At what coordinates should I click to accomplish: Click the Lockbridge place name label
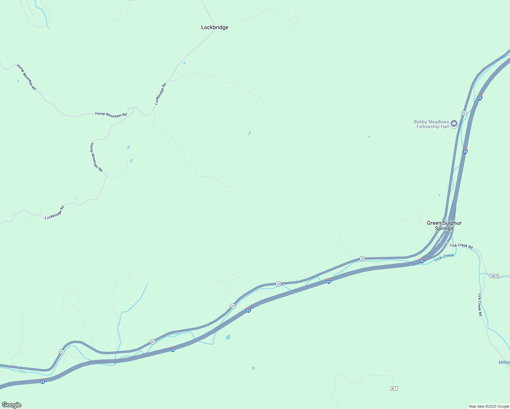tap(214, 27)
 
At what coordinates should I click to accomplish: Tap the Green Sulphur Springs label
tap(444, 226)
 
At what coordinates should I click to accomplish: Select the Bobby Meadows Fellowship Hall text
tap(431, 124)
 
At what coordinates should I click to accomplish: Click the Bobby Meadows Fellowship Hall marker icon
tap(454, 124)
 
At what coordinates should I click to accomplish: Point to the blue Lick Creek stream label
tap(444, 257)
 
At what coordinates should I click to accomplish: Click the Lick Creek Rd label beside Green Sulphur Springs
tap(461, 246)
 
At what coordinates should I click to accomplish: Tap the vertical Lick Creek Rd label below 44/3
tap(480, 304)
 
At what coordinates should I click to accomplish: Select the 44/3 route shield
tap(494, 276)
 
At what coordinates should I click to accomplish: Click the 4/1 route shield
tap(394, 389)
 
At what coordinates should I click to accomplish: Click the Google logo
tap(12, 405)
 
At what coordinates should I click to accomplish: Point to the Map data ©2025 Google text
tap(489, 406)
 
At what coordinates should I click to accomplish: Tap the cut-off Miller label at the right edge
tap(504, 362)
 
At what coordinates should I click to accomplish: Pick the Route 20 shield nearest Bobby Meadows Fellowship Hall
tap(464, 113)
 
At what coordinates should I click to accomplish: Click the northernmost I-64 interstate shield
tap(480, 98)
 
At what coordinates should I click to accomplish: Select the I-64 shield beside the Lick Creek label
tap(422, 261)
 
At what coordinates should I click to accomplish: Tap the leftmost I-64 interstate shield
tap(42, 381)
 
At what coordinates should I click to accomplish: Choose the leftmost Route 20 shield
tap(61, 352)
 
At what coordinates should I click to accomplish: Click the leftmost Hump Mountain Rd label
tap(26, 77)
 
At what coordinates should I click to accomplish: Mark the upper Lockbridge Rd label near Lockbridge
tap(160, 94)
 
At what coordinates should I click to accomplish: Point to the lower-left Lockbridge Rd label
tap(55, 212)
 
